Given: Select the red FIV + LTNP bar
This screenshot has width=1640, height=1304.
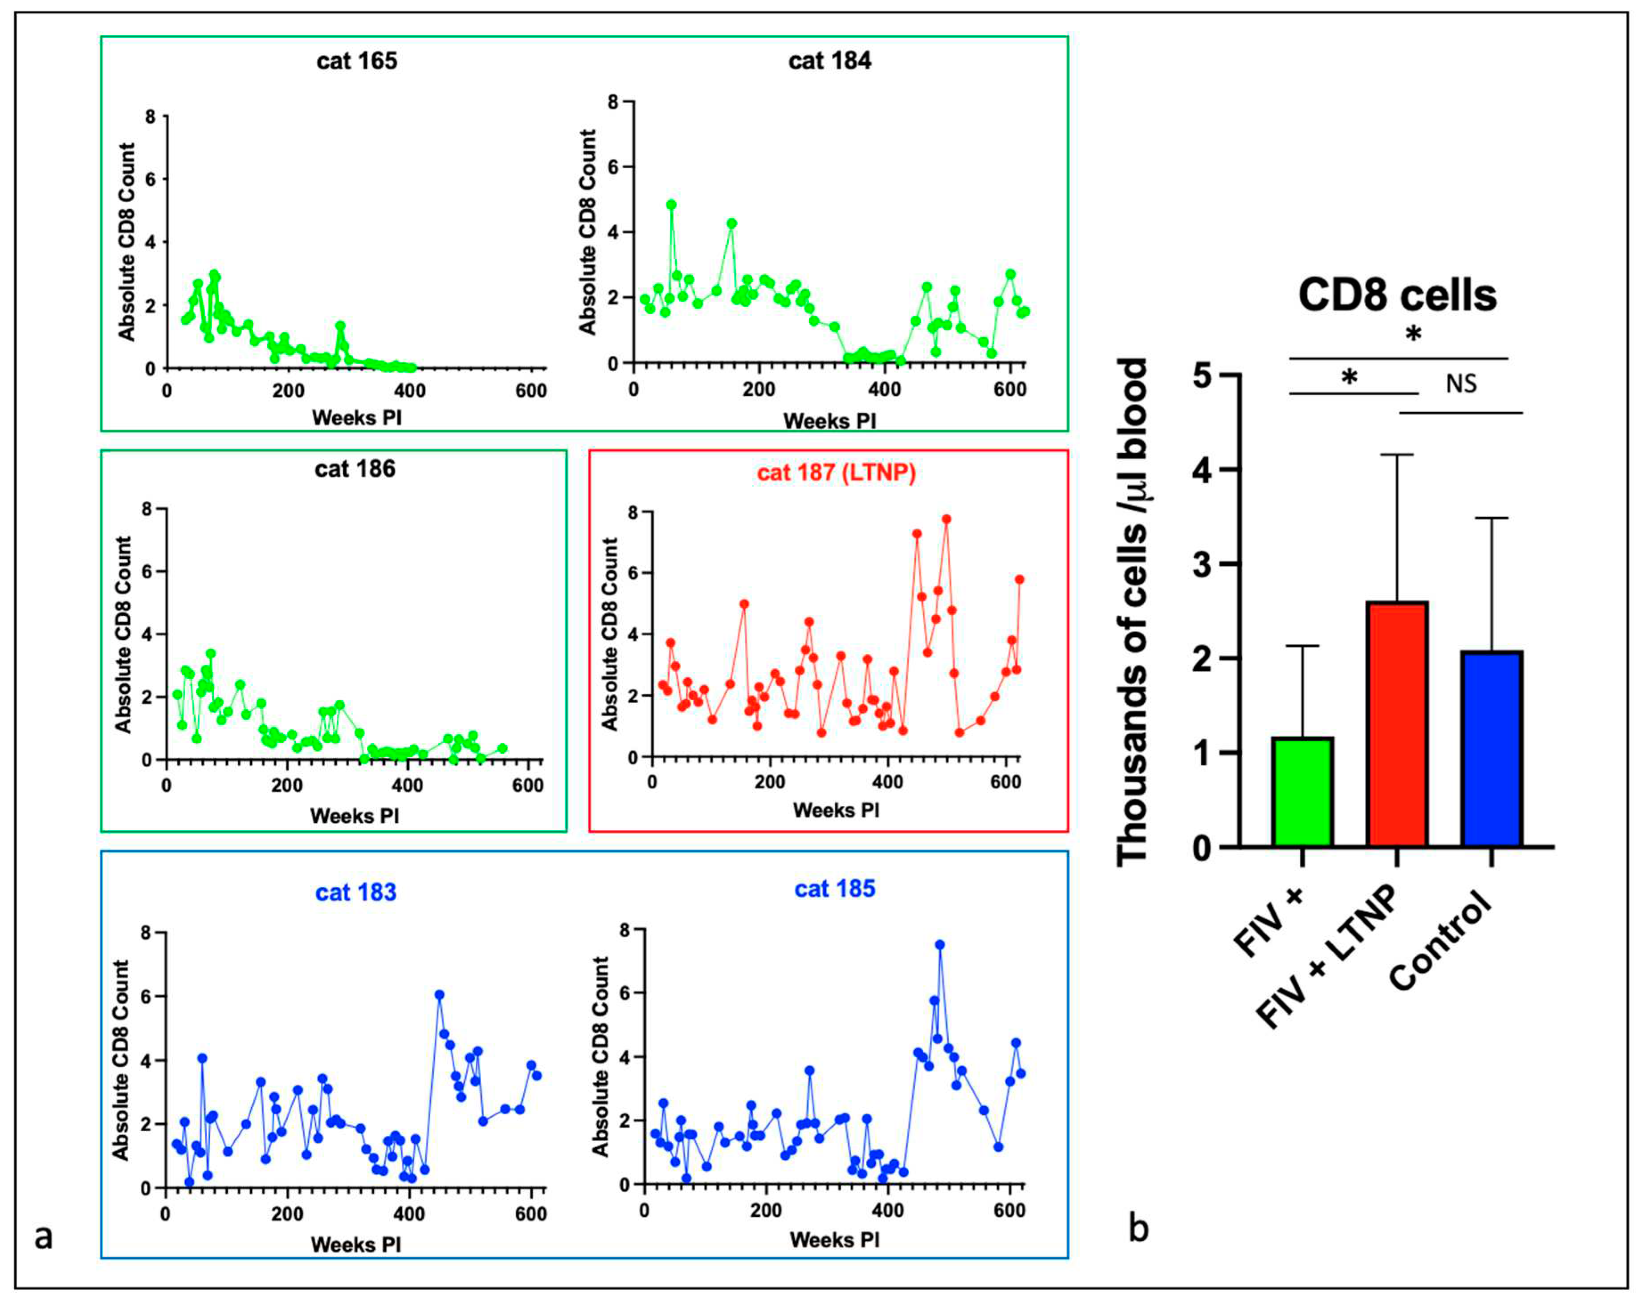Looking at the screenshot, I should (1397, 724).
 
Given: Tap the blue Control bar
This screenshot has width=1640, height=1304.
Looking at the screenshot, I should (1491, 748).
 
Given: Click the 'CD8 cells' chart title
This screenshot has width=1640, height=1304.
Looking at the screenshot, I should (1397, 295).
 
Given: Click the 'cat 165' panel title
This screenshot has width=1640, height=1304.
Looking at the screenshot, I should (357, 61).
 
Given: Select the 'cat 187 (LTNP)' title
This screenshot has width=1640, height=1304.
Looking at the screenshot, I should (836, 473).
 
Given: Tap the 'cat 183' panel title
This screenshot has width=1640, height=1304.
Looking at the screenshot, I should (356, 892).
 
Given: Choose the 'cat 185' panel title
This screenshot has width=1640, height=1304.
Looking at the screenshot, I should (834, 889).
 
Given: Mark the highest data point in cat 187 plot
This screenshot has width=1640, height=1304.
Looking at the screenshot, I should (946, 519).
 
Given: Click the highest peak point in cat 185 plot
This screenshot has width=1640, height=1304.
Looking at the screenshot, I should (939, 944).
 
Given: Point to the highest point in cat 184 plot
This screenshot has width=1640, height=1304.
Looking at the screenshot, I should (671, 204).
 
